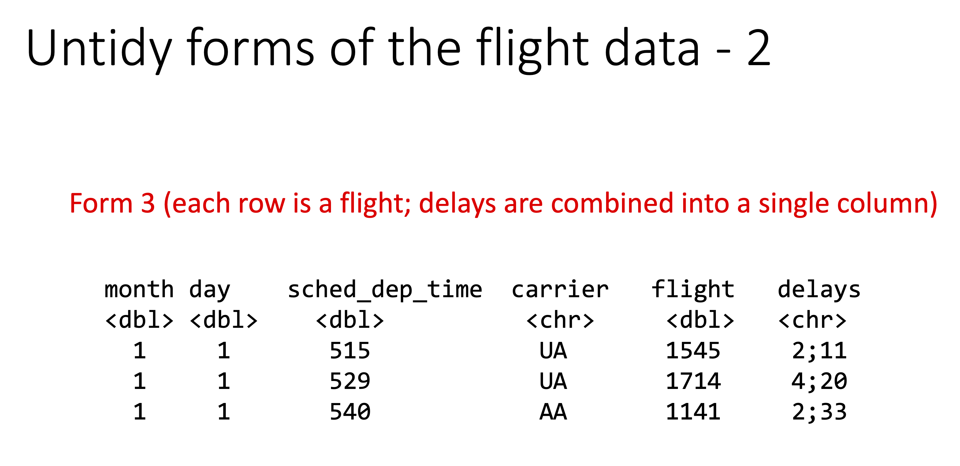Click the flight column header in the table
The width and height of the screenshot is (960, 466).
pyautogui.click(x=693, y=290)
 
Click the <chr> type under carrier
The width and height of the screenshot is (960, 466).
pyautogui.click(x=560, y=320)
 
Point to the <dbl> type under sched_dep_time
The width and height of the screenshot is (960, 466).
pyautogui.click(x=350, y=320)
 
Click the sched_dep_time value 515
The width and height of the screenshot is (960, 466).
pyautogui.click(x=350, y=351)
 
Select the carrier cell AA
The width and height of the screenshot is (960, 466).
pyautogui.click(x=553, y=412)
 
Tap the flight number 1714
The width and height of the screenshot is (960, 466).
pyautogui.click(x=693, y=381)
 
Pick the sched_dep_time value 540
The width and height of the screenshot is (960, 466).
pyautogui.click(x=350, y=412)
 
